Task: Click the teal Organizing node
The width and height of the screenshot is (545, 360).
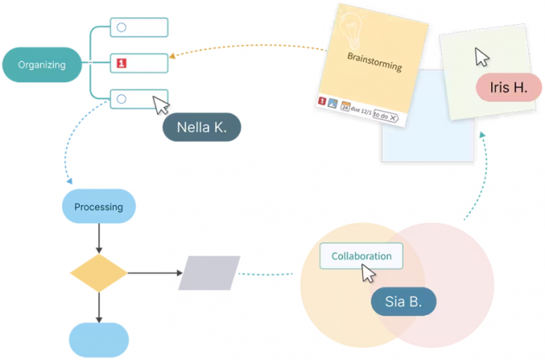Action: pos(42,64)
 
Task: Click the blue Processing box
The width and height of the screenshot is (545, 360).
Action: pos(98,207)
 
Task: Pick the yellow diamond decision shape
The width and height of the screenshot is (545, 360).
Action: pos(99,273)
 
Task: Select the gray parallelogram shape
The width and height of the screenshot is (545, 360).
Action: pos(209,273)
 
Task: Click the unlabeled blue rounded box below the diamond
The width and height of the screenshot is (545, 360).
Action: pos(99,340)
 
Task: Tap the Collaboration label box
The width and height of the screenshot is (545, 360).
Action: pos(361,256)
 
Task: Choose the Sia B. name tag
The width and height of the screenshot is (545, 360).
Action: pos(404,302)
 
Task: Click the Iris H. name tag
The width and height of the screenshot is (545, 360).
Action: pos(508,88)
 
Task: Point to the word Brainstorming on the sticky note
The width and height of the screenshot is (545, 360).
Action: pos(374,62)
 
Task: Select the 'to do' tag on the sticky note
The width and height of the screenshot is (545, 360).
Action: pos(385,116)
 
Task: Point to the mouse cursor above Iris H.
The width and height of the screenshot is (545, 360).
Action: pos(482,57)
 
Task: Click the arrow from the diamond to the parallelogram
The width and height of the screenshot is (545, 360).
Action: pos(153,273)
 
